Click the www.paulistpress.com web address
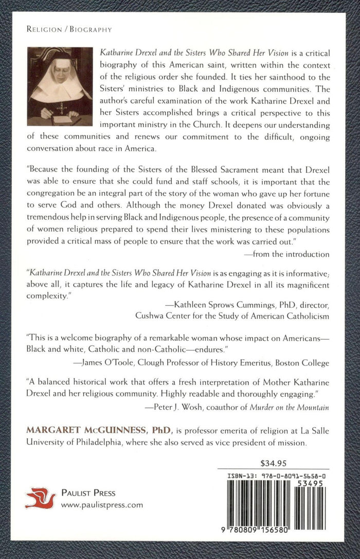tap(102, 505)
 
